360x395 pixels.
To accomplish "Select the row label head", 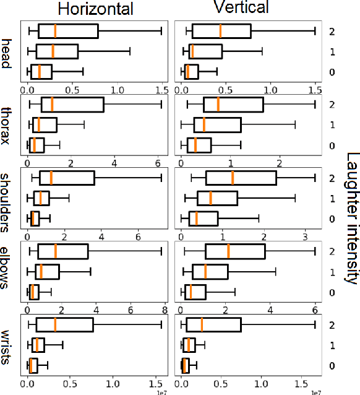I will coord(9,51).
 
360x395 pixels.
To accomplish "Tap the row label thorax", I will coord(9,126).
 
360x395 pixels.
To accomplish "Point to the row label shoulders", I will coord(9,200).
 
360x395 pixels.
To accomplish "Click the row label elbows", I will coord(9,274).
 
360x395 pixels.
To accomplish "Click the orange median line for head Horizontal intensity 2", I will coord(55,31).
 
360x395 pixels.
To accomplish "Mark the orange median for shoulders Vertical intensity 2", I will coord(232,178).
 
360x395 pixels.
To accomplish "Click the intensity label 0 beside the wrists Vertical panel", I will coord(332,367).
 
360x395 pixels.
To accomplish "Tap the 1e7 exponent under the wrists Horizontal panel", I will coord(163,391).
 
